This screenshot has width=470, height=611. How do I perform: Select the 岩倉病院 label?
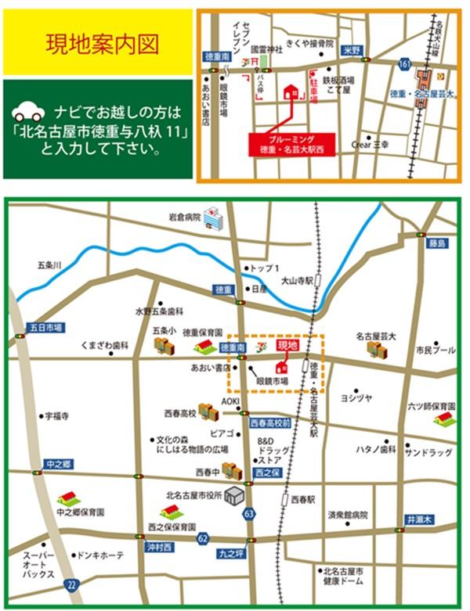coord(183,216)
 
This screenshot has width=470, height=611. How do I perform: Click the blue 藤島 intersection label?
coord(436,244)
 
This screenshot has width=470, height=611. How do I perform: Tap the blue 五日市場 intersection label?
coord(45,327)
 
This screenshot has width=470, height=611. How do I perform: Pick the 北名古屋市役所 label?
coord(193,494)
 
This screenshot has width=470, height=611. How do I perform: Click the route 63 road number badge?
coord(249,513)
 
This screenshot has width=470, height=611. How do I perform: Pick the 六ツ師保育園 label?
coord(431,407)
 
